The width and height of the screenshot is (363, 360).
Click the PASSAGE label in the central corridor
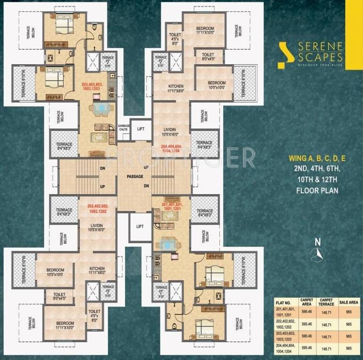pyautogui.click(x=134, y=177)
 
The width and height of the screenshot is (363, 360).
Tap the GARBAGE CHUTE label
pyautogui.click(x=124, y=129)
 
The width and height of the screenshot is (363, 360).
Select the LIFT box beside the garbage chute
pyautogui.click(x=140, y=128)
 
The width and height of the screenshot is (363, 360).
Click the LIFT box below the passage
pyautogui.click(x=140, y=226)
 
